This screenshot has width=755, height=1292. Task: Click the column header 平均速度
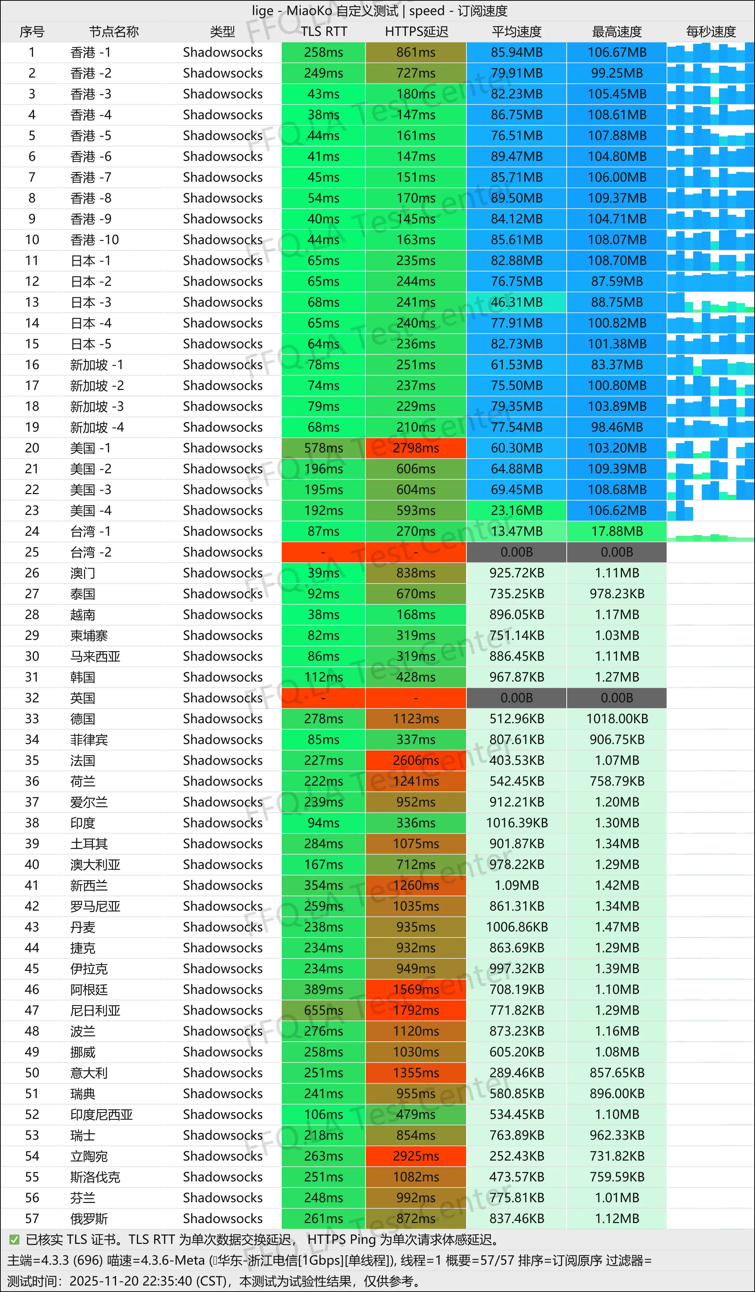pyautogui.click(x=516, y=32)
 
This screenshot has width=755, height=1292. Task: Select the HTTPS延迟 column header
pyautogui.click(x=416, y=32)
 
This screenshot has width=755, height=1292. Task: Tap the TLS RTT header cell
pyautogui.click(x=324, y=32)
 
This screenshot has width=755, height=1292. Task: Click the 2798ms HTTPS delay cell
pyautogui.click(x=416, y=448)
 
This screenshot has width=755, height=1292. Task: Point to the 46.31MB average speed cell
pyautogui.click(x=516, y=302)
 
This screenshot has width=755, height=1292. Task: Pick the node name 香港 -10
pyautogui.click(x=95, y=240)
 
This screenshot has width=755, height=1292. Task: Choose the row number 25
pyautogui.click(x=32, y=552)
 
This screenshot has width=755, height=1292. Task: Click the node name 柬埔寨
pyautogui.click(x=89, y=636)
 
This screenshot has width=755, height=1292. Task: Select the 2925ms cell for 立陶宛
pyautogui.click(x=416, y=1156)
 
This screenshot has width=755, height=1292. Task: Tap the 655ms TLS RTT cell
pyautogui.click(x=324, y=1010)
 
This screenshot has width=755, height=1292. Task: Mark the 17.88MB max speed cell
pyautogui.click(x=617, y=531)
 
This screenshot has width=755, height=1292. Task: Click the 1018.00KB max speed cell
pyautogui.click(x=617, y=719)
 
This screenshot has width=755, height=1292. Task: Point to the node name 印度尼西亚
pyautogui.click(x=101, y=1115)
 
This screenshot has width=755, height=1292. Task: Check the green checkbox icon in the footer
pyautogui.click(x=14, y=1240)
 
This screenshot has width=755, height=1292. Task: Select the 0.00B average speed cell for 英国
pyautogui.click(x=516, y=698)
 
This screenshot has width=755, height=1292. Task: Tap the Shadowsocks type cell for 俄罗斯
pyautogui.click(x=222, y=1219)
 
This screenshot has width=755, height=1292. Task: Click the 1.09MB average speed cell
pyautogui.click(x=516, y=886)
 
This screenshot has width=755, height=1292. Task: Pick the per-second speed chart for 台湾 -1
pyautogui.click(x=710, y=531)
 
